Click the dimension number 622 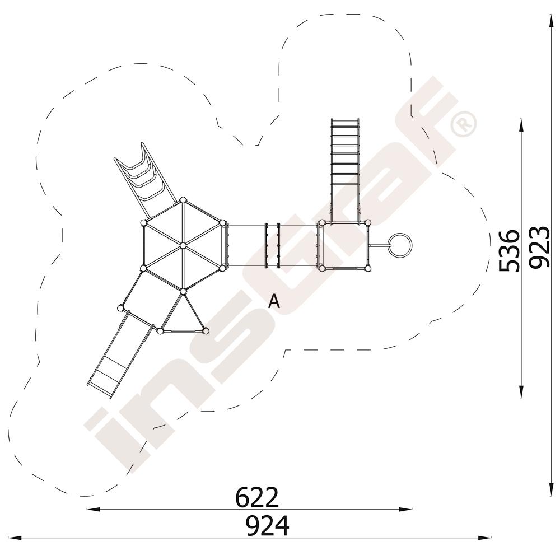(257, 497)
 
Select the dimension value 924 (268, 525)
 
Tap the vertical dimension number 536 (508, 250)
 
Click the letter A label (274, 301)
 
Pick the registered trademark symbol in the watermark (464, 124)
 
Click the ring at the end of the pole (400, 245)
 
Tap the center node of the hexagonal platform (183, 245)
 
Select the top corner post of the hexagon (183, 200)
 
